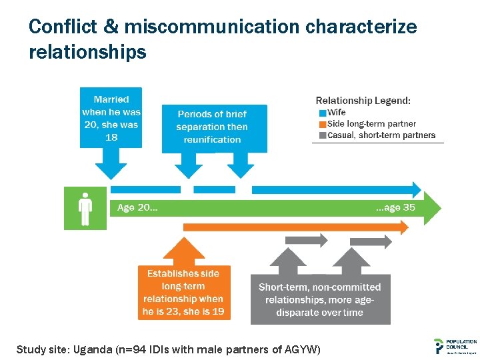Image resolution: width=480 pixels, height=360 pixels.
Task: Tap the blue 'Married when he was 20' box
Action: click(x=111, y=117)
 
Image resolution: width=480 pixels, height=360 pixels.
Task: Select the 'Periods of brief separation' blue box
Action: click(x=212, y=127)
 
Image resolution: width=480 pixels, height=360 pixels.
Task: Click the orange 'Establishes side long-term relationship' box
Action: click(x=183, y=292)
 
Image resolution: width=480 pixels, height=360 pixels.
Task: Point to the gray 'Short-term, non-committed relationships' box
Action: click(x=319, y=299)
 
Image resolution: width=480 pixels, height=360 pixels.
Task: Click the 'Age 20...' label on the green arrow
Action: click(x=137, y=208)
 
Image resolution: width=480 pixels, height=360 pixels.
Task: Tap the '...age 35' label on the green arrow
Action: click(x=395, y=208)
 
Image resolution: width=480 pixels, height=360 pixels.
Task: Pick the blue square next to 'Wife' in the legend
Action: click(x=323, y=113)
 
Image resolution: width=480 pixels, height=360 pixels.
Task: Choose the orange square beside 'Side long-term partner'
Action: click(x=323, y=124)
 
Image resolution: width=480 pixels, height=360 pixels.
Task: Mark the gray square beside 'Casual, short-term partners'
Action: click(x=323, y=135)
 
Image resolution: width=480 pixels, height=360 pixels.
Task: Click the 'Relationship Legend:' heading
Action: click(x=363, y=101)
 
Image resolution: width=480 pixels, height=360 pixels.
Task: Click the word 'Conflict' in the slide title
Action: click(x=62, y=27)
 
